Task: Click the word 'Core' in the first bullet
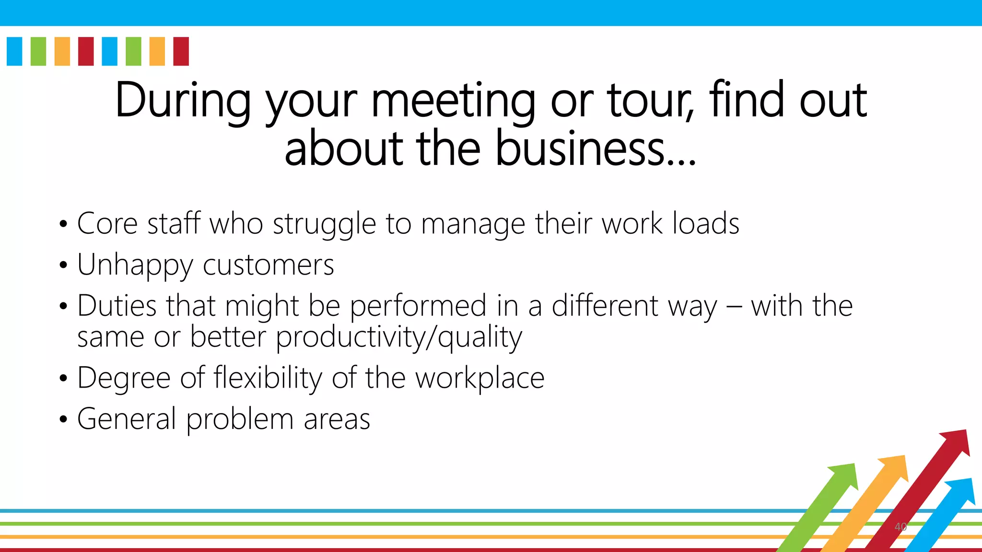[107, 224]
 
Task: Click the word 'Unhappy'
[135, 265]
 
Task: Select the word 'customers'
[269, 265]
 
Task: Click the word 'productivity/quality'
[399, 337]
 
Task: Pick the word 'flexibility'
[268, 378]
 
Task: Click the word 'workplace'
[479, 379]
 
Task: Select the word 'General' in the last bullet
[127, 419]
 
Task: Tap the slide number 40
[900, 527]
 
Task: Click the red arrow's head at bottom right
[957, 442]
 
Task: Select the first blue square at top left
[14, 51]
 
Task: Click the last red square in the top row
[181, 51]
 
